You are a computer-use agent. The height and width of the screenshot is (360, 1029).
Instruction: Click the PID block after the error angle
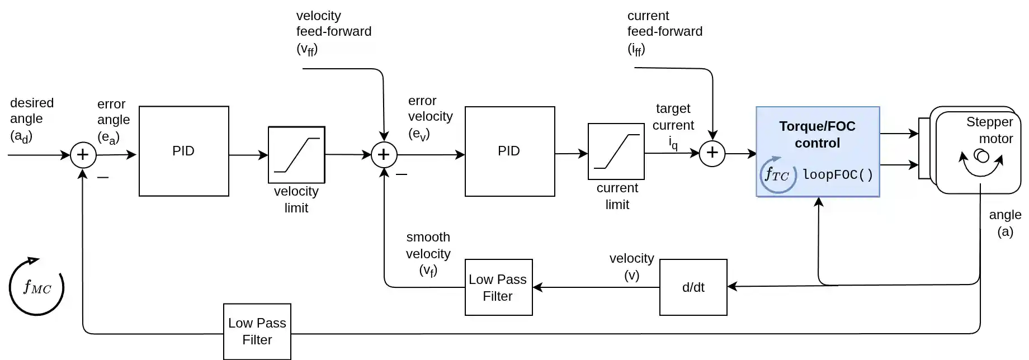(x=183, y=151)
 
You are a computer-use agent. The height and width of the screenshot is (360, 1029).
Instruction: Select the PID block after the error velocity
(x=509, y=151)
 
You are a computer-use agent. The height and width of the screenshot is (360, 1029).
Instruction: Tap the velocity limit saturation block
(x=296, y=155)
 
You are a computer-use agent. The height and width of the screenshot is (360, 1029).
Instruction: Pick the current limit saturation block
(x=616, y=151)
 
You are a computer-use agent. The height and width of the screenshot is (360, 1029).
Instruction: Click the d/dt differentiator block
(x=693, y=287)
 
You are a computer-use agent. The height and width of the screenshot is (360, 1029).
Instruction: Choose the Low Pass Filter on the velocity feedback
(x=498, y=287)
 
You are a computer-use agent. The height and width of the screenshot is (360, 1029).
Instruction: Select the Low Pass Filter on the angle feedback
(x=257, y=331)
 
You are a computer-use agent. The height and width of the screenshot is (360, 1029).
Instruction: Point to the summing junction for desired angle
(x=83, y=155)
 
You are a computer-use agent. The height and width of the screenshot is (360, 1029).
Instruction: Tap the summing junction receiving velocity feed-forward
(x=384, y=155)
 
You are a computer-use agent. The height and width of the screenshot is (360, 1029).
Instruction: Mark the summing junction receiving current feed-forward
(x=712, y=153)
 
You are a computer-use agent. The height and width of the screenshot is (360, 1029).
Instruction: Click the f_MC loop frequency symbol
(x=37, y=287)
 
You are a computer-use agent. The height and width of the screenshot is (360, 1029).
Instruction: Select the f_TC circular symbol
(x=777, y=174)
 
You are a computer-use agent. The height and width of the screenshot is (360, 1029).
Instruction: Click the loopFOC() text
(x=837, y=175)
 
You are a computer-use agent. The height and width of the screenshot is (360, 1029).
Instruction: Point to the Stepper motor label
(x=989, y=130)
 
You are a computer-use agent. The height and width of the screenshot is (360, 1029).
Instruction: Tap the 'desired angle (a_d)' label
(x=31, y=119)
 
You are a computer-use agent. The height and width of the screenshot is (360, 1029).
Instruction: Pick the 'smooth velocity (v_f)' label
(x=428, y=254)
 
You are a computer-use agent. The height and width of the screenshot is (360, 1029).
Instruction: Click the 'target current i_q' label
(x=673, y=126)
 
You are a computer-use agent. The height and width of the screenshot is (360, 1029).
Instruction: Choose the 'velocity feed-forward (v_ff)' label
(x=333, y=32)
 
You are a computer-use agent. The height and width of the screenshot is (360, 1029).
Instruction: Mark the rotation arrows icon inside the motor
(x=981, y=160)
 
